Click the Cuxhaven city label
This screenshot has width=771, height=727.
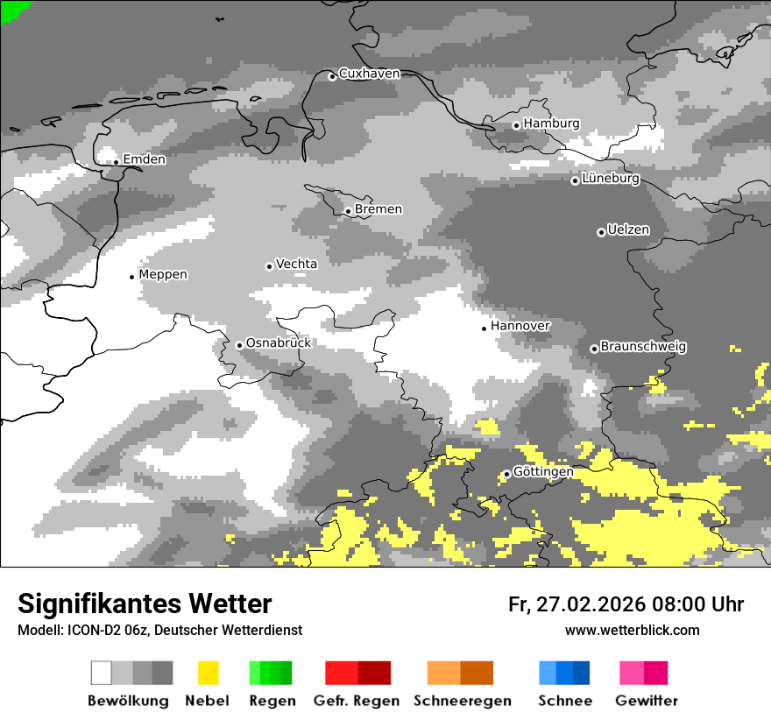click(x=369, y=74)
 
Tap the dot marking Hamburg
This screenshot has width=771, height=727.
click(x=516, y=125)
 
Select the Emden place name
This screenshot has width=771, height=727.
click(x=144, y=159)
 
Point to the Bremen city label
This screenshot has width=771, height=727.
click(x=378, y=209)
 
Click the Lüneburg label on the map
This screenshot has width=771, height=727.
click(x=611, y=179)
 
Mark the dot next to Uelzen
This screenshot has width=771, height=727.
click(x=601, y=232)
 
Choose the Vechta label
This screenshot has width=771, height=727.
click(x=296, y=264)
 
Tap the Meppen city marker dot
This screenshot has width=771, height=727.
click(x=131, y=277)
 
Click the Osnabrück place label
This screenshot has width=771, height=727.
click(x=279, y=343)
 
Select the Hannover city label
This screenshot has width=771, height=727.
click(x=520, y=326)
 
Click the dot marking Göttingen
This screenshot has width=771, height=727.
click(x=506, y=474)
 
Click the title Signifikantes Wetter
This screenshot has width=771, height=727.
click(x=145, y=604)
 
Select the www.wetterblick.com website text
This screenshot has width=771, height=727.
click(x=632, y=631)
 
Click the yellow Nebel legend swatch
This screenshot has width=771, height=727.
click(x=208, y=673)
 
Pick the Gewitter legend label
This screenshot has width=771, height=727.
click(x=646, y=701)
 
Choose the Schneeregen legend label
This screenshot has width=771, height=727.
click(x=463, y=701)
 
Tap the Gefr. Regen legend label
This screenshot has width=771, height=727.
click(x=357, y=701)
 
